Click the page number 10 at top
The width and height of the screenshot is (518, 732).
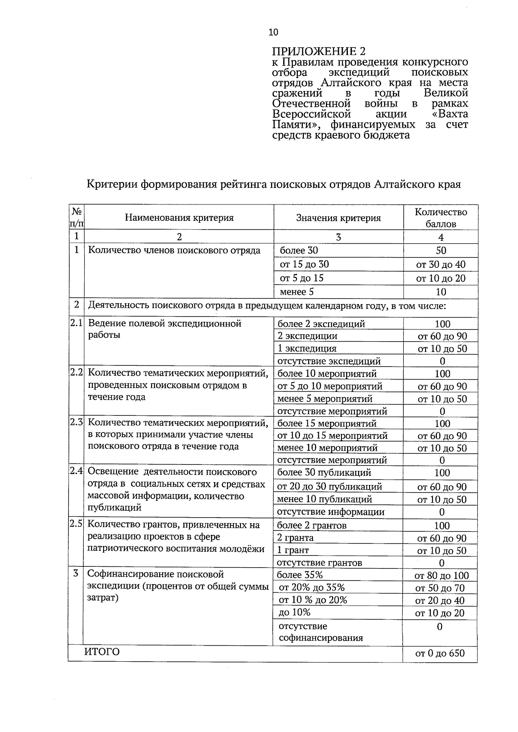[x=273, y=32]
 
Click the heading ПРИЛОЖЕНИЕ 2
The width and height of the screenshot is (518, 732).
[x=319, y=51]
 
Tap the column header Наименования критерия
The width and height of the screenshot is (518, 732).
[x=179, y=218]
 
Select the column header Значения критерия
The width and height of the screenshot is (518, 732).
[x=338, y=218]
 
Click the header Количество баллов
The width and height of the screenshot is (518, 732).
[x=441, y=218]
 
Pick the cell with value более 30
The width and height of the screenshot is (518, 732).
[x=299, y=251]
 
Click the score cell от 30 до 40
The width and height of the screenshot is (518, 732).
[x=441, y=264]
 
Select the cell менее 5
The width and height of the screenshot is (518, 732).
[x=297, y=292]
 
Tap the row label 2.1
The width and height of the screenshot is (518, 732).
[x=76, y=324]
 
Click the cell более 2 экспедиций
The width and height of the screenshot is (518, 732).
[x=321, y=324]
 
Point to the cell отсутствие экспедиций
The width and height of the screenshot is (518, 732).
[x=328, y=361]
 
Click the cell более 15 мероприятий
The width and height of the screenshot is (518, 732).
[x=327, y=424]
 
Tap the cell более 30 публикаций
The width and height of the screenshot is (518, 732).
[x=324, y=473]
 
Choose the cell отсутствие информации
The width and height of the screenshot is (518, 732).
[x=330, y=512]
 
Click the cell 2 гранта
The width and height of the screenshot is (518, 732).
[x=295, y=538]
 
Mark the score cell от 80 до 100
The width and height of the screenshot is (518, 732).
[x=441, y=575]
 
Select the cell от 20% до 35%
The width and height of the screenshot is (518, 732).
[x=312, y=587]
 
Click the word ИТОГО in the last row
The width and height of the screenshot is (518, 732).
[x=102, y=652]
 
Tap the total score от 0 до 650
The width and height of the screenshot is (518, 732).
[x=440, y=653]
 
